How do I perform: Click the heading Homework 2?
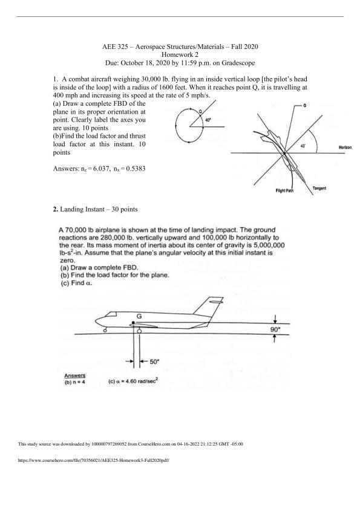tap(180, 54)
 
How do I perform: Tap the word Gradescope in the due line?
tap(238, 63)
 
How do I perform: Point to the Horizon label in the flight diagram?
tap(345, 148)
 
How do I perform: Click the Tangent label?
tap(319, 188)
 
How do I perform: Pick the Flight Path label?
tap(284, 190)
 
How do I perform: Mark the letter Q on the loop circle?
tap(200, 111)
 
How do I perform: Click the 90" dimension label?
tap(275, 329)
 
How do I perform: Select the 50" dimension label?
tap(154, 361)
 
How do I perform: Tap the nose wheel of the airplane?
tap(105, 331)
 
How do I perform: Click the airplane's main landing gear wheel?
tap(139, 331)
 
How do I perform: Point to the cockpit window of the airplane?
tap(111, 314)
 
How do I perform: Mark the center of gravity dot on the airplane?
tap(133, 322)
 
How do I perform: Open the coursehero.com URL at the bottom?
tap(94, 460)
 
